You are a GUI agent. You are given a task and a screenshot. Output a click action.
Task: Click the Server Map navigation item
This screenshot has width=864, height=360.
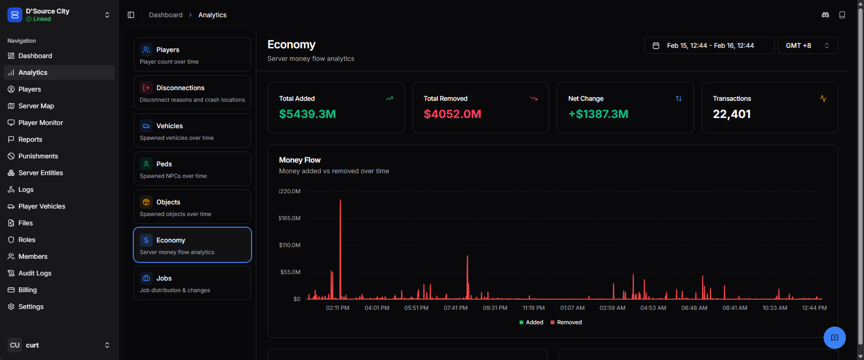pos(36,106)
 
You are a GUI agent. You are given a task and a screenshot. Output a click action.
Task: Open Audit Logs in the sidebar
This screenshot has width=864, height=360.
pos(35,273)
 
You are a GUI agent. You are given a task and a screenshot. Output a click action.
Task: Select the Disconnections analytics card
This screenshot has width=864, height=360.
pos(192,92)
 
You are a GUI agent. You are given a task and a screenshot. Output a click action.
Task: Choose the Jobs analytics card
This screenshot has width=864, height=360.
pos(192,283)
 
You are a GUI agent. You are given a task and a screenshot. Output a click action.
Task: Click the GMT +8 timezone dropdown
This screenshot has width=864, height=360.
pos(808,46)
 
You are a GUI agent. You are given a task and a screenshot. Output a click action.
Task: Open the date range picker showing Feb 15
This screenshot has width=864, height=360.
pos(709,46)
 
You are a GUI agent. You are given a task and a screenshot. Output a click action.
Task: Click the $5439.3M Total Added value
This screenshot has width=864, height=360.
pos(307,114)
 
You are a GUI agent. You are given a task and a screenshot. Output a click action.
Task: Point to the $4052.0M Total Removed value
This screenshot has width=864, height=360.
pos(452,114)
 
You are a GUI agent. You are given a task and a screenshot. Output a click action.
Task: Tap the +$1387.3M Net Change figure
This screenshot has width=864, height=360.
pos(598,114)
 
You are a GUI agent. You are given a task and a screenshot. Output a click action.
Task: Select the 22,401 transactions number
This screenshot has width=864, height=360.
pos(732,114)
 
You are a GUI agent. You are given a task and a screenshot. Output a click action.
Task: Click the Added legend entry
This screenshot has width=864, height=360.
pos(531,322)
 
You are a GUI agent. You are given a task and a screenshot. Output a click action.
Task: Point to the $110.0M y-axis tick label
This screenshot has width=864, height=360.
pos(290,245)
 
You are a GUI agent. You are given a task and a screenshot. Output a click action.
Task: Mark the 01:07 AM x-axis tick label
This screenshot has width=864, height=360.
pos(572,308)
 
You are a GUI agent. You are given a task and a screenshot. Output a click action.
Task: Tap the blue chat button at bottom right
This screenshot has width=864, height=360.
pos(834,338)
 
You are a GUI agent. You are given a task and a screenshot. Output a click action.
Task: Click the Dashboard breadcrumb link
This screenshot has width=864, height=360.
pos(166,15)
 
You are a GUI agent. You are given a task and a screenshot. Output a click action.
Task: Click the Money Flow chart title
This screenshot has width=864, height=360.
pos(300,160)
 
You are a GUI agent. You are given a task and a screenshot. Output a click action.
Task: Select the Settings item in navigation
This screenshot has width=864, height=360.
pos(31,307)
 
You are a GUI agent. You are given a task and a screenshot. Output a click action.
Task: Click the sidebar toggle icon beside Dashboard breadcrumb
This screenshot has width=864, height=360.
pos(131,15)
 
